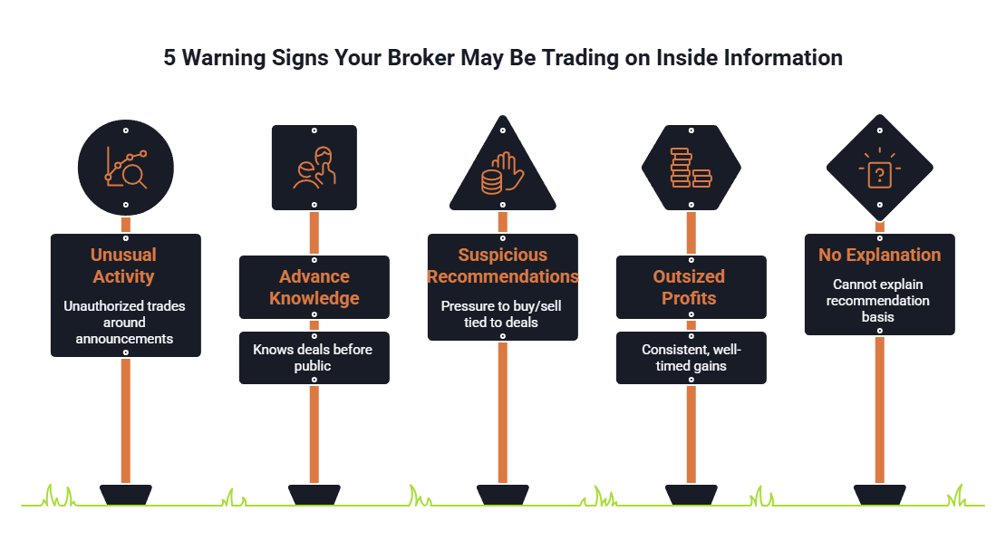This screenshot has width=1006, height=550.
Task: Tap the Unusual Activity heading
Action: point(124,265)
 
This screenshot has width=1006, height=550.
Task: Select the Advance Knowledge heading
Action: point(314,287)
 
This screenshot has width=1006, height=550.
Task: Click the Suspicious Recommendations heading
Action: point(503,265)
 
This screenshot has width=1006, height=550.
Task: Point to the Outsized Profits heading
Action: point(689,287)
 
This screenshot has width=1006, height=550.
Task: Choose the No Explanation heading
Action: point(880,255)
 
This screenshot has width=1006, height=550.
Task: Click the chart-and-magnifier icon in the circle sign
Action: point(126,168)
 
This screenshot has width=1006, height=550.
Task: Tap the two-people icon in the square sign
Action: point(314,168)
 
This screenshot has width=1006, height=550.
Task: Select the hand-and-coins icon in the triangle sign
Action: point(503,173)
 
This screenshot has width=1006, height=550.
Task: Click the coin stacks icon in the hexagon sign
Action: point(691,168)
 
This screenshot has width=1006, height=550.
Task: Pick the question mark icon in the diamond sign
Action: point(880,169)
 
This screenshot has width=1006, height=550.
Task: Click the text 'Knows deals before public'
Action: point(313,358)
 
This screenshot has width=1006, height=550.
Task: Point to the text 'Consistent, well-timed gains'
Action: point(691,358)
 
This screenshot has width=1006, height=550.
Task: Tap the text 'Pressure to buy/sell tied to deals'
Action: point(501,314)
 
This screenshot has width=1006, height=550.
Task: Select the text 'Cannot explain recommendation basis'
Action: point(877,300)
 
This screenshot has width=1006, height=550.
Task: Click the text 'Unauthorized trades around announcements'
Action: point(124,323)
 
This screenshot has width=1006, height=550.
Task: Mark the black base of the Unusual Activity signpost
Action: point(126,495)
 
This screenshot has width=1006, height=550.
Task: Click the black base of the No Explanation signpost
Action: point(880,495)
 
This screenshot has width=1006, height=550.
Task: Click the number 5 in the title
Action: point(169,58)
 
